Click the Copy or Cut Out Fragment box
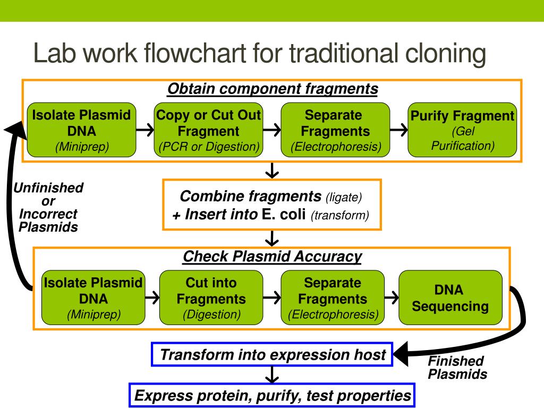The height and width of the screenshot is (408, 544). coord(208,130)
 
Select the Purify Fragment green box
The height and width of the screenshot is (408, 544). coord(462,130)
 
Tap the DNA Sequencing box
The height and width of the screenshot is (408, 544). coord(450,297)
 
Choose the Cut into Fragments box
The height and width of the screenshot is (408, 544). coord(211,297)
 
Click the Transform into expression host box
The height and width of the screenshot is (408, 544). coord(272,354)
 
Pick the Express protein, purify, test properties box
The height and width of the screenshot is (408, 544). coord(272,395)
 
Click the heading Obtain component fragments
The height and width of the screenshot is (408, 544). coord(273,89)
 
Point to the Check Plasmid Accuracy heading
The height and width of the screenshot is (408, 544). coord(273,257)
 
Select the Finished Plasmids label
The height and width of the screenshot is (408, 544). coord(457,368)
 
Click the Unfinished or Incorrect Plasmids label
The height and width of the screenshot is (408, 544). coord(48,207)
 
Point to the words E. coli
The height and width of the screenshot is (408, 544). coord(284,214)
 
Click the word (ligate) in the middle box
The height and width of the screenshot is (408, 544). coord(344,198)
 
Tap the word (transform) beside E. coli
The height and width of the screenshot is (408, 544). coord(339,216)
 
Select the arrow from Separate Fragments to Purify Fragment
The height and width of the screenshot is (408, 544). coord(398,130)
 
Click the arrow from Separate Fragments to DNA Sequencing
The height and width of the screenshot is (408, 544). coord(392,297)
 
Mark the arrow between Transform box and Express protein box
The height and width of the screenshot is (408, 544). coord(272,375)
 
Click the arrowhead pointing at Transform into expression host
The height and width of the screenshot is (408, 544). coord(401,354)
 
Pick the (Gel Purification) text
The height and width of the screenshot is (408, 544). coord(463,139)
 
